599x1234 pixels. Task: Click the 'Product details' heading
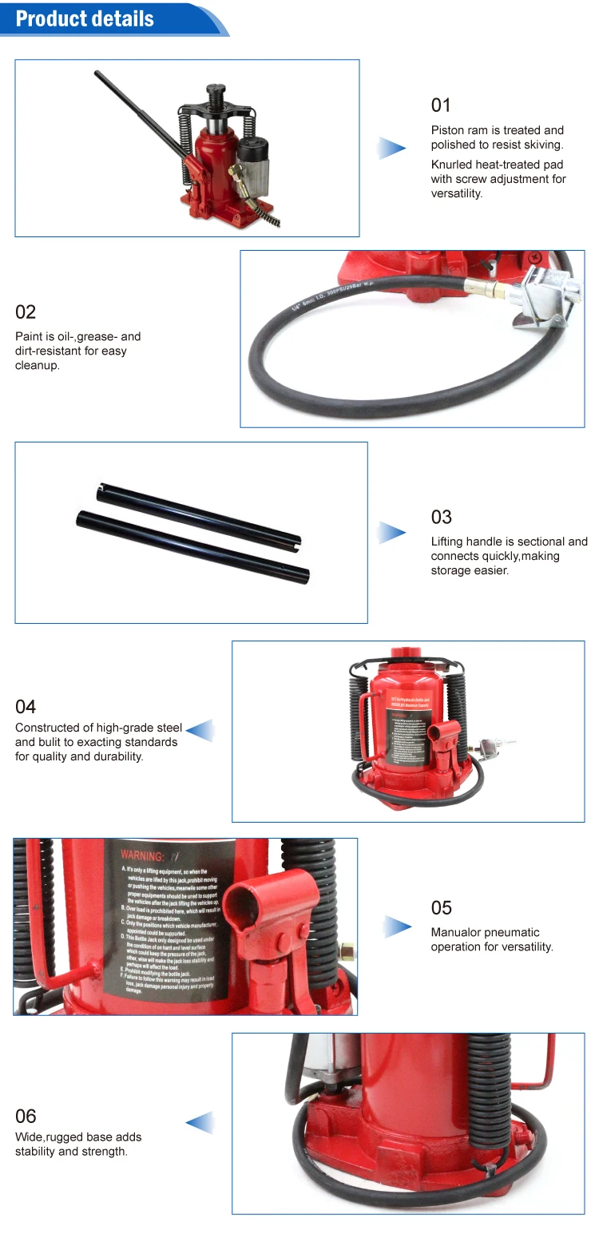pos(85,18)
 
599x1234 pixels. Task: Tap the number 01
pos(441,105)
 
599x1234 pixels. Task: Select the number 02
pos(26,312)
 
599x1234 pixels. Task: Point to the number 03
pos(441,518)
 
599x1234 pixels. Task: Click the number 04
pos(26,707)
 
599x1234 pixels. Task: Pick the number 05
pos(441,908)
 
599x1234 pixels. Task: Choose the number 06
pos(26,1117)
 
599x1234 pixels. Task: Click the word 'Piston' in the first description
pos(447,130)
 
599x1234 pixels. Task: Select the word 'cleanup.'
pos(38,366)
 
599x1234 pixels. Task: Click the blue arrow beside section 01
pos(391,148)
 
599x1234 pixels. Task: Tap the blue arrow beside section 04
pos(200,730)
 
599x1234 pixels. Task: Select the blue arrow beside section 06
pos(200,1122)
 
